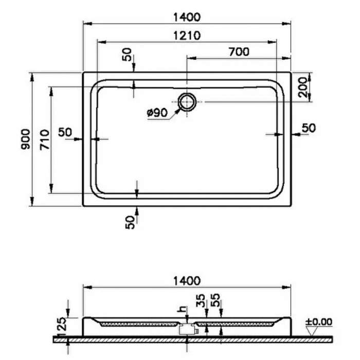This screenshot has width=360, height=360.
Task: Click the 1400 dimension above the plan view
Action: click(186, 17)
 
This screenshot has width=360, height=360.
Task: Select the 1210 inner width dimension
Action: click(186, 35)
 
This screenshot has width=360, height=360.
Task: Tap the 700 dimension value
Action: click(238, 51)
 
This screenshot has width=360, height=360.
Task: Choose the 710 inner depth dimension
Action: click(44, 139)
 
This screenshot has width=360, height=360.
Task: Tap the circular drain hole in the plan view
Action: click(187, 102)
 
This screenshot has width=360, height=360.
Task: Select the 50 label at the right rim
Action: click(308, 128)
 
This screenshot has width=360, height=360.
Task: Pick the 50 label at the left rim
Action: click(65, 132)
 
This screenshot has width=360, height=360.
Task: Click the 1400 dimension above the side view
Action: click(186, 281)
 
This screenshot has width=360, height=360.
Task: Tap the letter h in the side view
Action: click(180, 308)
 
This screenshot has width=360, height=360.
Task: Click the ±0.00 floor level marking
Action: click(319, 322)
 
